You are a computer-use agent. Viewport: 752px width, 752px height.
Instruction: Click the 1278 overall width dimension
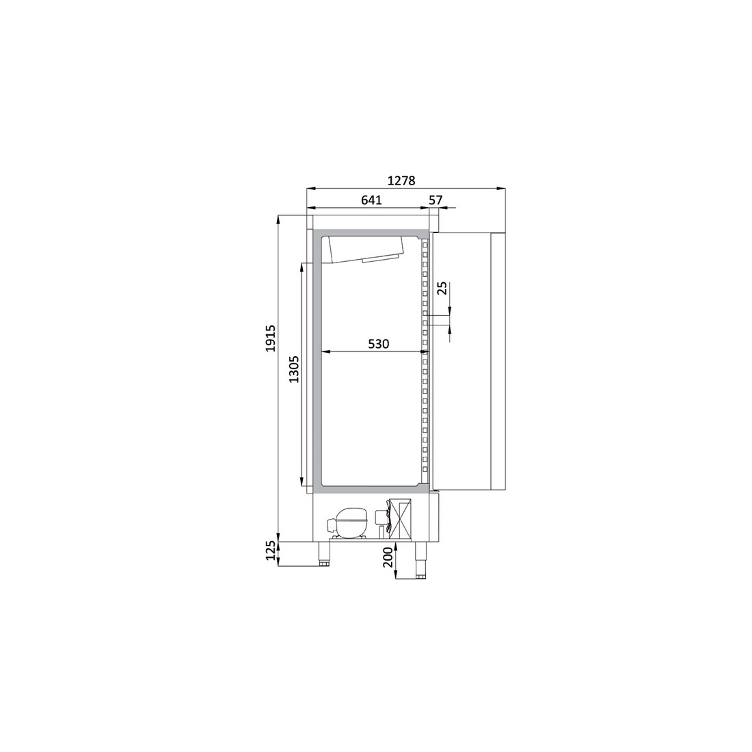pyautogui.click(x=401, y=180)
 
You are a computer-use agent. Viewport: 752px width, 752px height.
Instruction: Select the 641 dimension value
pyautogui.click(x=371, y=200)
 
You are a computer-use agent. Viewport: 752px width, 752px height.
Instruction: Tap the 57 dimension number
pyautogui.click(x=436, y=200)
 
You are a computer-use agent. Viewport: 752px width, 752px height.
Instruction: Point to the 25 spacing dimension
pyautogui.click(x=442, y=288)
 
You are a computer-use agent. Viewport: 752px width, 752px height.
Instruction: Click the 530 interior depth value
pyautogui.click(x=379, y=343)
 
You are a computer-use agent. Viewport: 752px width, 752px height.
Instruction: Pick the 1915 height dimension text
pyautogui.click(x=271, y=338)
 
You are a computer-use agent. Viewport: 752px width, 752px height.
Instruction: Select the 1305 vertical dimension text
pyautogui.click(x=294, y=368)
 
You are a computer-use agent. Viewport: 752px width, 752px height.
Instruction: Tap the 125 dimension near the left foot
pyautogui.click(x=271, y=550)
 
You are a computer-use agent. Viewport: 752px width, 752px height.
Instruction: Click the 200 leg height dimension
pyautogui.click(x=388, y=558)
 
